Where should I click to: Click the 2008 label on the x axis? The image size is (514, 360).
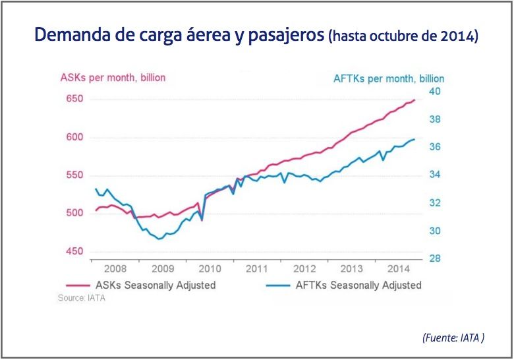tap(115, 269)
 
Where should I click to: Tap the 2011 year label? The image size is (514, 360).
tap(256, 269)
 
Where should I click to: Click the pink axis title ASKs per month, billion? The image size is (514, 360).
tap(113, 77)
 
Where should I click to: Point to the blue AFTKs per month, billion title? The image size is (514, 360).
tap(389, 78)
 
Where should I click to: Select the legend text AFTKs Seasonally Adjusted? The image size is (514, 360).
tap(358, 285)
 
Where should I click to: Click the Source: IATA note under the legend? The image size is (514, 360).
tap(82, 298)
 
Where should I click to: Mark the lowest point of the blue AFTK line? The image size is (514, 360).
tap(158, 239)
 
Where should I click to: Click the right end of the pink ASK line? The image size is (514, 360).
tap(414, 100)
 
